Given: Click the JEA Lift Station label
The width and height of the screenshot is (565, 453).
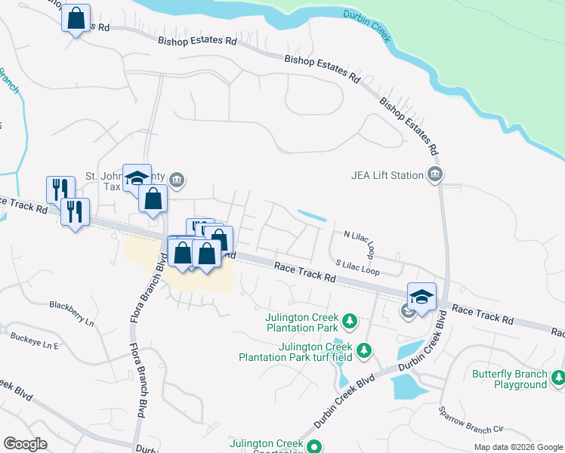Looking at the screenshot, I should [387, 176].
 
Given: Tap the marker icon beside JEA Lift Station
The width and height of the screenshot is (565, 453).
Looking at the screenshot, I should [434, 176].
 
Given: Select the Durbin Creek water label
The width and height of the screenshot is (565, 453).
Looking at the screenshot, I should [366, 26].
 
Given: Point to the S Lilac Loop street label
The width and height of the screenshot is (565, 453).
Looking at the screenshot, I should [357, 267].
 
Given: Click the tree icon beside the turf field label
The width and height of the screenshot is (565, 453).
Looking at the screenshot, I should [364, 350].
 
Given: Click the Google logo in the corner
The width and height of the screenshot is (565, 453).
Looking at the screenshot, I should [25, 444].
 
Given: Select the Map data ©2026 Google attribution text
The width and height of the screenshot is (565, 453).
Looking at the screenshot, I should [517, 447].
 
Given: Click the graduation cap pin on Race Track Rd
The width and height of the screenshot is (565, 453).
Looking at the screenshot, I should [421, 296].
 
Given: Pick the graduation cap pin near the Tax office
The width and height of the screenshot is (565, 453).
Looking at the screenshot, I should [137, 178].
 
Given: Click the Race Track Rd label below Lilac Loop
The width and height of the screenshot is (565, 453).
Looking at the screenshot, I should [304, 273].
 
